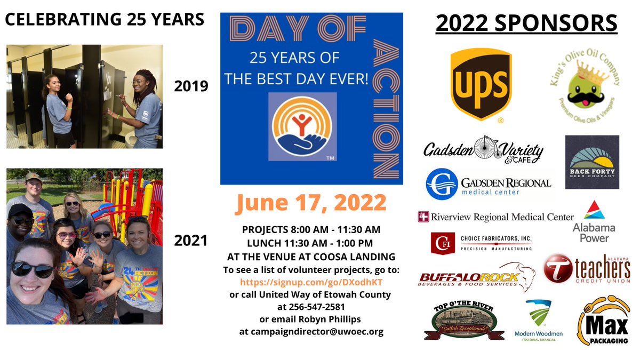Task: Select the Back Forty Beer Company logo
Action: point(592,162)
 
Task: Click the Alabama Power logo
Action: point(595,221)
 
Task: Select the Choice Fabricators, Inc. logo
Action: point(482,242)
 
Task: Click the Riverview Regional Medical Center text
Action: point(495,217)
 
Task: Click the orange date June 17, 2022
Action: point(311,203)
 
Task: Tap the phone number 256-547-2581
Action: point(311,307)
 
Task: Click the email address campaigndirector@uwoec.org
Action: point(311,331)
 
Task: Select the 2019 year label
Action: point(191,85)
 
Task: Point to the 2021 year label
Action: point(191,241)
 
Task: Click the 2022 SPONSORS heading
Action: point(526,23)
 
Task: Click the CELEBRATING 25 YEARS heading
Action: point(105,19)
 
